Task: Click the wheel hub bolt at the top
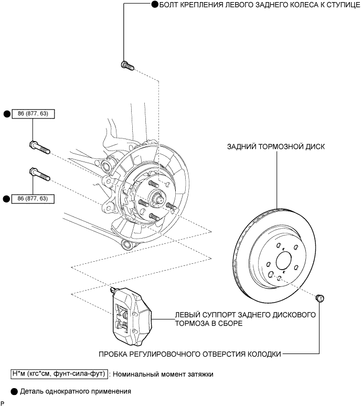click(127, 66)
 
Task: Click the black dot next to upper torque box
click(7, 114)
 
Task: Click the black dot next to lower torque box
click(7, 199)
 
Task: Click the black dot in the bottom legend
click(14, 391)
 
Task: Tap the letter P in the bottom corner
click(3, 403)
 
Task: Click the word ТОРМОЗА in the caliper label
click(194, 324)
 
